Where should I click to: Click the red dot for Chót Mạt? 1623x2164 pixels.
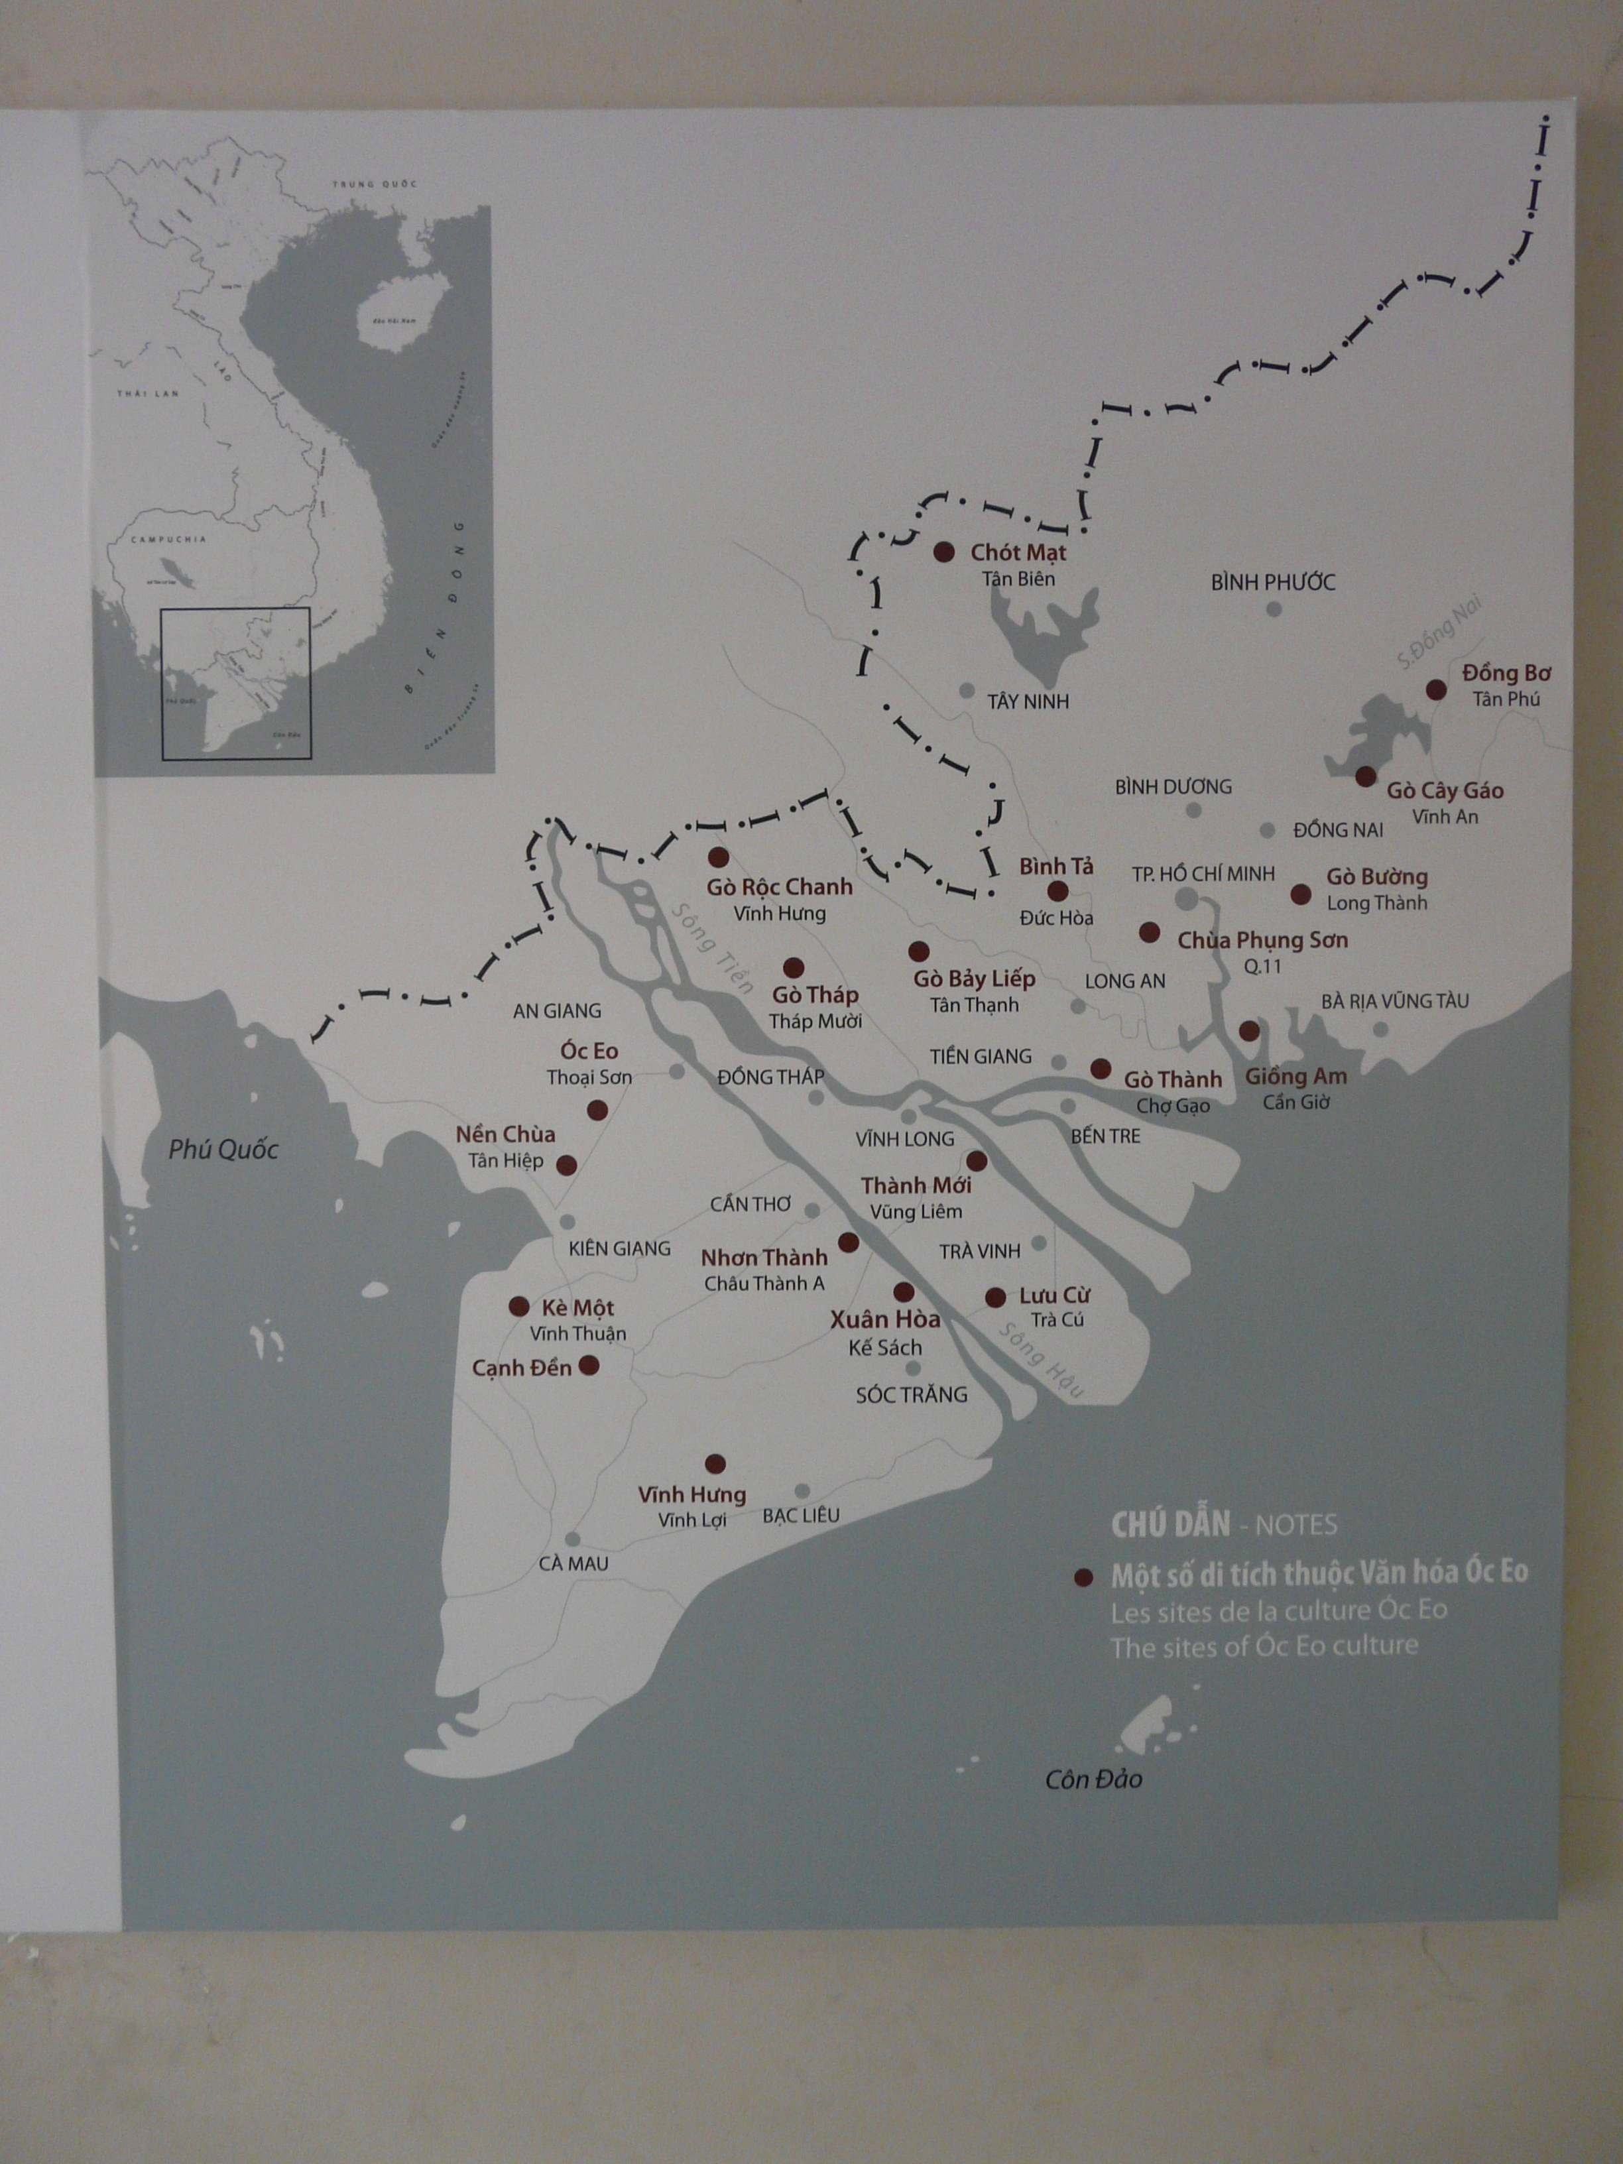943,552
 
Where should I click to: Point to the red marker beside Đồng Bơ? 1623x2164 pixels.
1435,690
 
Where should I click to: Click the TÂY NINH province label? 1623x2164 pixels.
1027,701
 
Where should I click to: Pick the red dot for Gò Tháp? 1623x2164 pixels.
794,967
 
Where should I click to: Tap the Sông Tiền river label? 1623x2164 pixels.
711,947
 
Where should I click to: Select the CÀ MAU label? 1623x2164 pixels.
573,1563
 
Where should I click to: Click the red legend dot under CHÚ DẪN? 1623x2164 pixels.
1082,1577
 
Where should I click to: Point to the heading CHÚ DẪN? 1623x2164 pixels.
1170,1524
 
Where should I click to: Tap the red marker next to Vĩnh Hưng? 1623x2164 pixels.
715,1463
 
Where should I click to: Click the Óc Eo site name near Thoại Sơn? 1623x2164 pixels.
589,1051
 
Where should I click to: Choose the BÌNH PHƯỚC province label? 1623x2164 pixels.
1273,582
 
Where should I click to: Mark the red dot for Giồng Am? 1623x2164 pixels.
1248,1030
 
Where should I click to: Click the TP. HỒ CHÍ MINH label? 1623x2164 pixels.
1203,874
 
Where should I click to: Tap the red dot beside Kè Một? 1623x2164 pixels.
518,1306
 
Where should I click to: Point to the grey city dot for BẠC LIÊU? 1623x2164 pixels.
802,1491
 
